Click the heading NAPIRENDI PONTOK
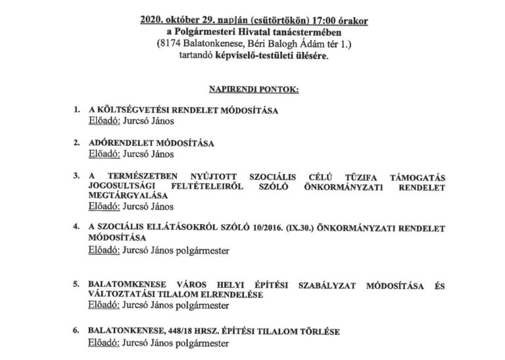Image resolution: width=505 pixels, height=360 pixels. tap(252, 87)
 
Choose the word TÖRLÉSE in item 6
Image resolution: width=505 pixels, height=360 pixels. tap(319, 332)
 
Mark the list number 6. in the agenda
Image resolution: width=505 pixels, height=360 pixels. tap(77, 332)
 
